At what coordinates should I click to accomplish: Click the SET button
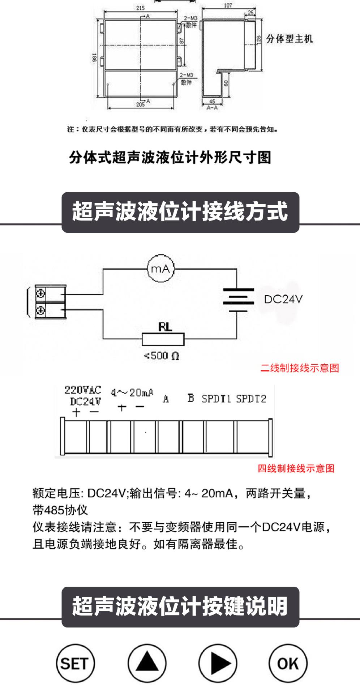75,664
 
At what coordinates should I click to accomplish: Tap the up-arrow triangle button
147,664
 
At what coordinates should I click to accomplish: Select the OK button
288,664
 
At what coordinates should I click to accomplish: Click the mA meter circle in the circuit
160,269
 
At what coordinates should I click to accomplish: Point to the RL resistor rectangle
163,339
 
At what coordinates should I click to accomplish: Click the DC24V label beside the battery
283,299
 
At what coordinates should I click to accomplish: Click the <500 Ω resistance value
162,356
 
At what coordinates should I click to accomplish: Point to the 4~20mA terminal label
132,393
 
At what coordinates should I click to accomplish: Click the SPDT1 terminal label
216,399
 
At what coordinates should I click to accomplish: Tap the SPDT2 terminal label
251,399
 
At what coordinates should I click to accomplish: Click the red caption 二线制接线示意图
300,368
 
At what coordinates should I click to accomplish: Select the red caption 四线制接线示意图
296,468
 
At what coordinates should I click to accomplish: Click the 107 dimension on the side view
228,5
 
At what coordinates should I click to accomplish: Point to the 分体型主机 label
289,39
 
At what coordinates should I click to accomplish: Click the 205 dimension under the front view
140,104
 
